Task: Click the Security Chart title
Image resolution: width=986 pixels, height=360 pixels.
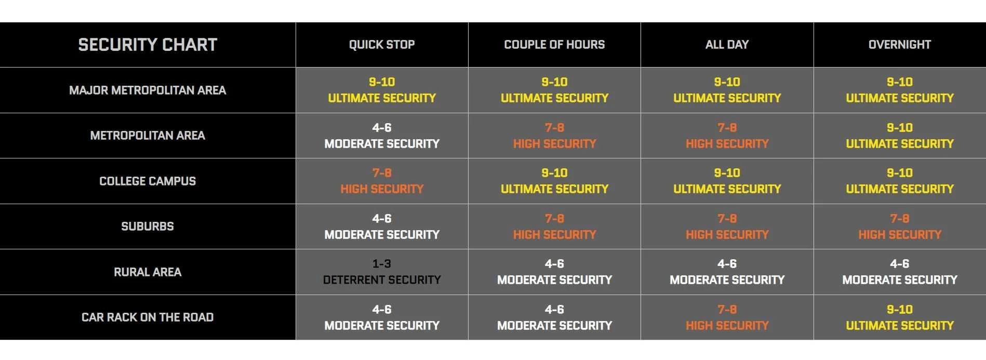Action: click(148, 45)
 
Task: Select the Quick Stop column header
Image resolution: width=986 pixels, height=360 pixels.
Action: click(382, 45)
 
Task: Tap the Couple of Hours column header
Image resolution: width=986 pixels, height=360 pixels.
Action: click(554, 45)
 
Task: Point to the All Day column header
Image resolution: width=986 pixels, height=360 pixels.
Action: click(727, 45)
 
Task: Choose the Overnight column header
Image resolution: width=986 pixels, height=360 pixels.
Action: click(900, 45)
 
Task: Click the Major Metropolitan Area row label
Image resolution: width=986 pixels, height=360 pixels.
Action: click(148, 90)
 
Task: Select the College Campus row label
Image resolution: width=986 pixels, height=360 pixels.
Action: click(148, 181)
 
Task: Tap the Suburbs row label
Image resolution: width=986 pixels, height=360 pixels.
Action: click(148, 226)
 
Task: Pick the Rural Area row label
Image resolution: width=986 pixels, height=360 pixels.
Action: click(148, 272)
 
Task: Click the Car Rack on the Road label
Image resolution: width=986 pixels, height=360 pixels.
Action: click(148, 317)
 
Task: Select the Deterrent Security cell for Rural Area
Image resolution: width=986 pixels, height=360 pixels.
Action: click(382, 272)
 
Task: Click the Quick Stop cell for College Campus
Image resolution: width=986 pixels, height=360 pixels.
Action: click(382, 181)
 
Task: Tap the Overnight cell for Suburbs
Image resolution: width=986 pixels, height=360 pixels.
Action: click(900, 226)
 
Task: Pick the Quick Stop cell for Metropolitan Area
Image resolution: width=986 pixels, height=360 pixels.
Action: click(382, 136)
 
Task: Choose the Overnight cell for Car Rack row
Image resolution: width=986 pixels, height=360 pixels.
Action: click(900, 317)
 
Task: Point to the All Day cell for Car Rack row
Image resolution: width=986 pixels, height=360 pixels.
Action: click(727, 317)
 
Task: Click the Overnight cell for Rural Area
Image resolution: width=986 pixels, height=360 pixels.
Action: click(900, 272)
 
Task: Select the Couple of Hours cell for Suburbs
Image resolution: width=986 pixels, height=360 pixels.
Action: click(554, 226)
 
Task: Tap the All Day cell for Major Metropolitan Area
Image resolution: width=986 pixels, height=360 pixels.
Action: click(727, 90)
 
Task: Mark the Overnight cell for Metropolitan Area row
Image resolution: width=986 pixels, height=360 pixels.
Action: click(900, 136)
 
